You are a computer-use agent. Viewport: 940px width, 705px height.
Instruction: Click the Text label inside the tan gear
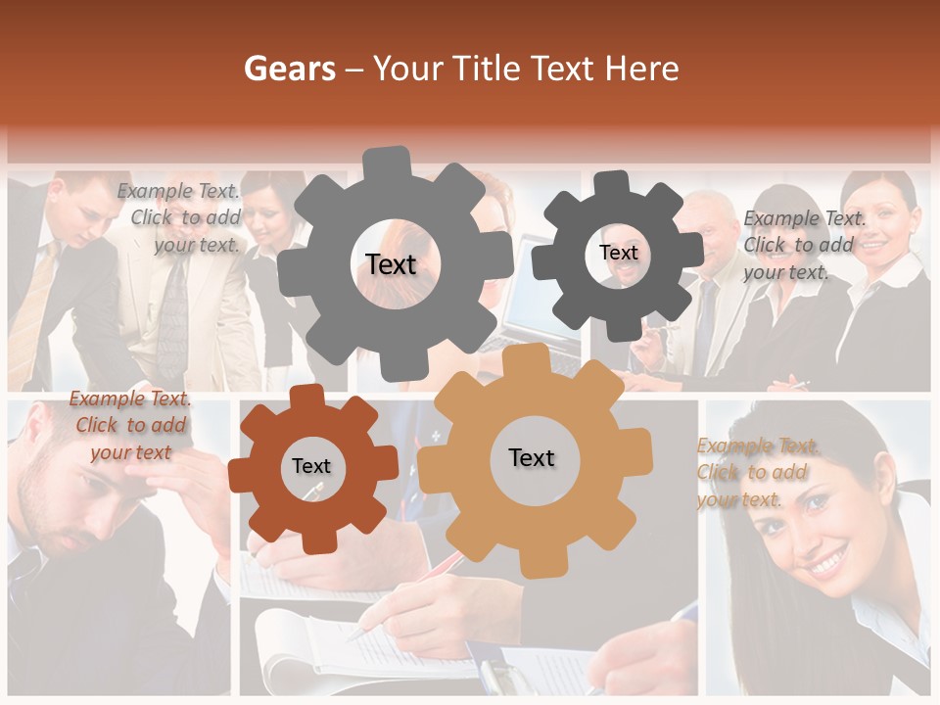[x=532, y=457]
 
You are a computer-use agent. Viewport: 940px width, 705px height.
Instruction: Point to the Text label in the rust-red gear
[x=311, y=466]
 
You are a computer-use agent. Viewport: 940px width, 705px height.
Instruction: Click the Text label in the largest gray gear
[x=391, y=264]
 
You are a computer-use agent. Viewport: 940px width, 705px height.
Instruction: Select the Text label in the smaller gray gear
[x=618, y=253]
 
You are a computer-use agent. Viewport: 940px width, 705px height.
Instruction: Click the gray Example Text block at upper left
[x=182, y=217]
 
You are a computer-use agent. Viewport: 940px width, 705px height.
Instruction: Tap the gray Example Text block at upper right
[x=804, y=245]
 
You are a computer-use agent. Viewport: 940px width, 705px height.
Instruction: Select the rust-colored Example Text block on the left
[x=130, y=425]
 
